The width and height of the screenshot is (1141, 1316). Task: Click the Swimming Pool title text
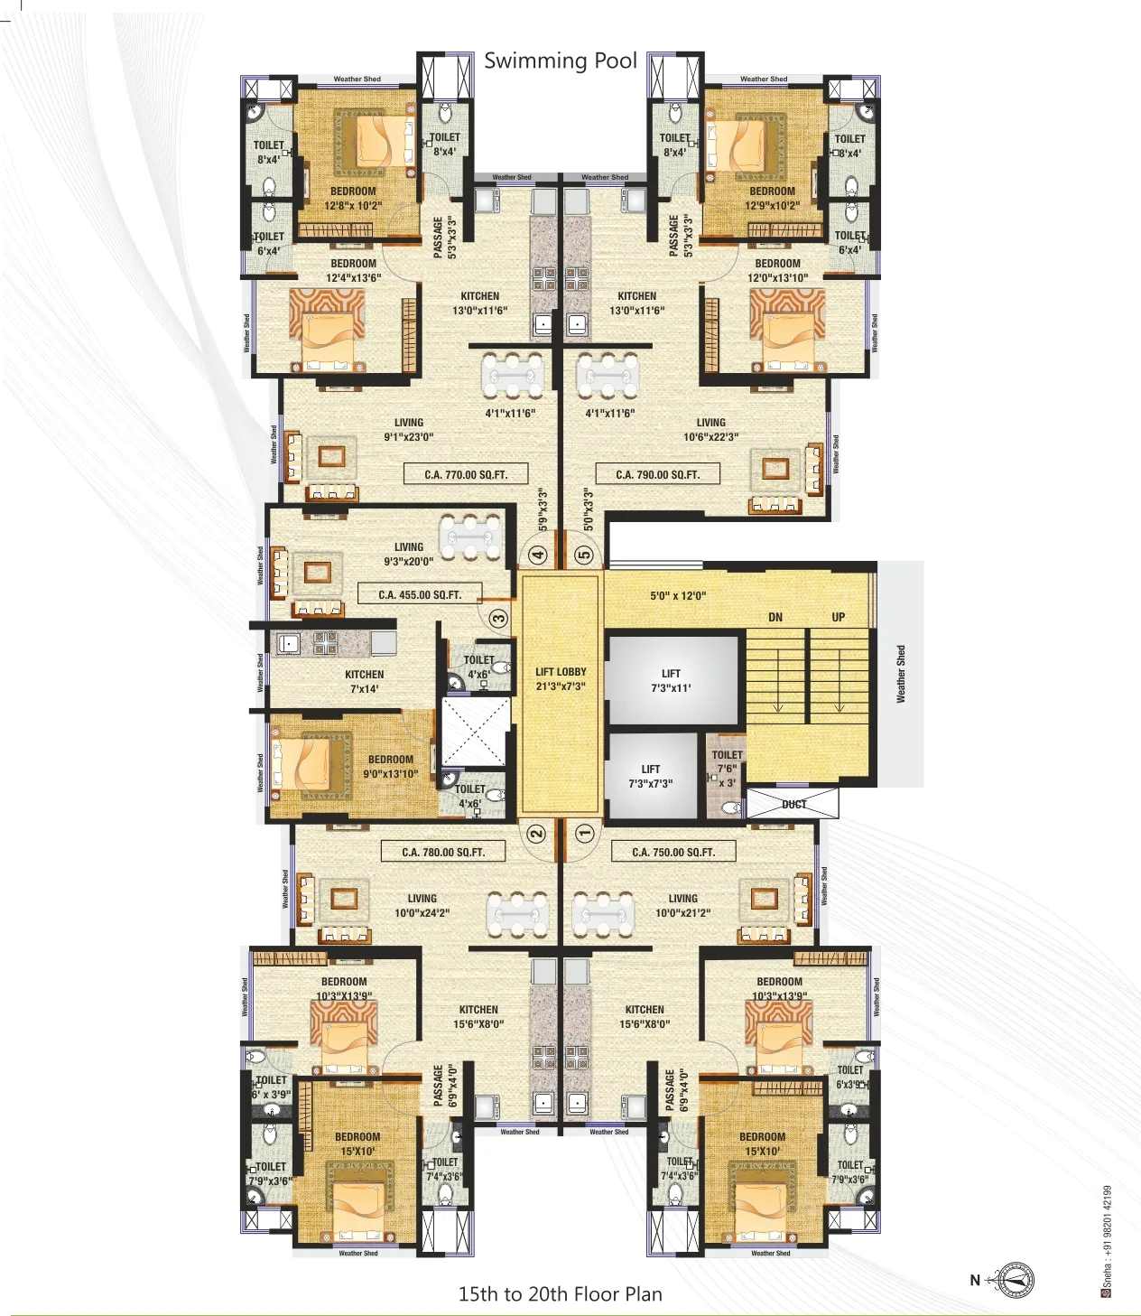pos(561,61)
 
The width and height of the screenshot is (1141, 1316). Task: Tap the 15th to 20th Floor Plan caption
pos(560,1293)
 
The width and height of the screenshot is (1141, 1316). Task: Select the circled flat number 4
pos(538,555)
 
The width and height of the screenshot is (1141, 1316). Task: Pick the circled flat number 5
pos(584,555)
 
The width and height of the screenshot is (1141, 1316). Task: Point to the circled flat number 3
pos(498,619)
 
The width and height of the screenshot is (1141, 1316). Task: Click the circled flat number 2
pos(536,833)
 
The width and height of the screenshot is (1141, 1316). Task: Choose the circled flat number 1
pos(584,833)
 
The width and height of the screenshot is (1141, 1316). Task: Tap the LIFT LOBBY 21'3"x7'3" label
pos(561,679)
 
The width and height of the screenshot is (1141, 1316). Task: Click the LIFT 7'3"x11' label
pos(671,680)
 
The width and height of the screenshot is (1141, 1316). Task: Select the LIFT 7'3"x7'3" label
pos(651,776)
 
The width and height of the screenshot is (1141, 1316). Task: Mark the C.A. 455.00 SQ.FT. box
pos(420,594)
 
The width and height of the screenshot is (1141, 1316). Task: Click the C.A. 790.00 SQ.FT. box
pos(657,474)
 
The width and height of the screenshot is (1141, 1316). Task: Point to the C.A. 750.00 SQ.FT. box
pos(673,852)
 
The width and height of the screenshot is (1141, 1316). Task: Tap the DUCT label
pos(793,804)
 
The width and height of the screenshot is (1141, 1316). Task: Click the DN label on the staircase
pos(775,617)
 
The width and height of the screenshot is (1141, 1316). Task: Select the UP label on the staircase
pos(839,617)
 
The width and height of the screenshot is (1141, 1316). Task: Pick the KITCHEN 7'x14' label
pos(364,681)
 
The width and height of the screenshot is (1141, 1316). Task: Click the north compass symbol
pos(1016,1280)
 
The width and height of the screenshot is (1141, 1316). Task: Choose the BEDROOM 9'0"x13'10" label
pos(391,766)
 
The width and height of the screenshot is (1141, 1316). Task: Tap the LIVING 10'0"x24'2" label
pos(422,905)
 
